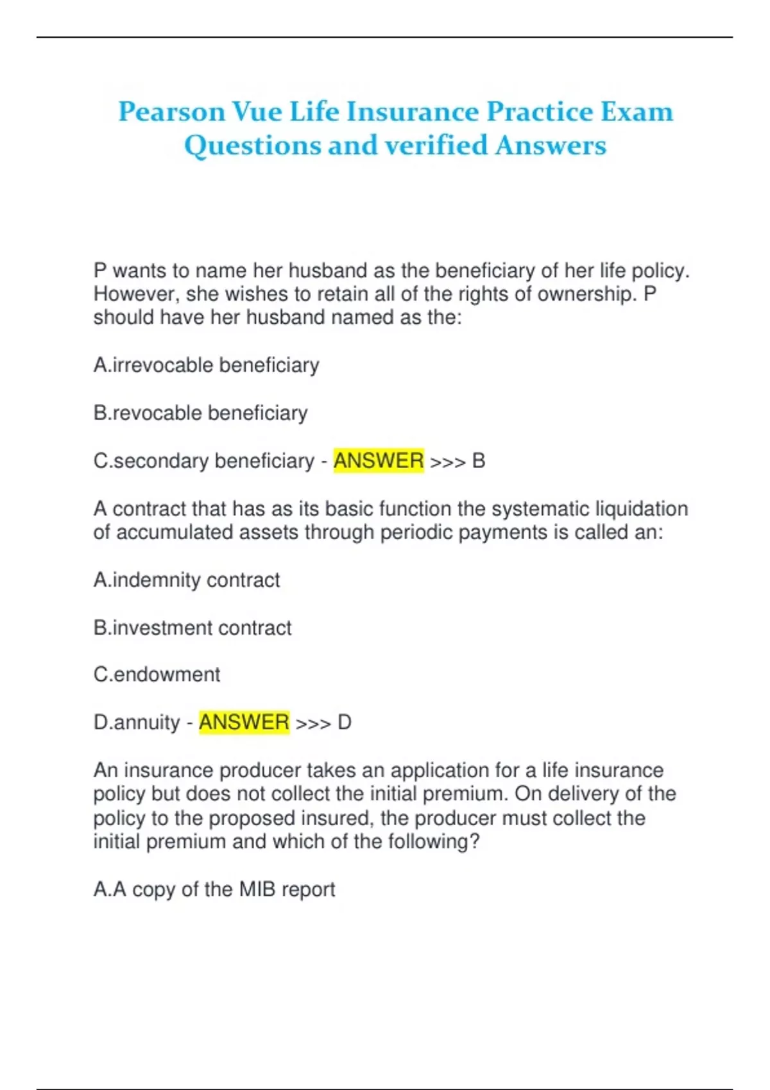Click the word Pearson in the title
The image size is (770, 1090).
point(172,112)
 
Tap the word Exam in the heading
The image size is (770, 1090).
point(637,112)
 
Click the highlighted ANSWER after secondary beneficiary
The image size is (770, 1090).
point(379,461)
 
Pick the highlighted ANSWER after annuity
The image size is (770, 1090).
point(244,723)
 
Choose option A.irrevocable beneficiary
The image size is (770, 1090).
point(206,365)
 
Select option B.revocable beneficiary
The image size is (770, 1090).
point(200,413)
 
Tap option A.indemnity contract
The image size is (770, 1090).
point(187,580)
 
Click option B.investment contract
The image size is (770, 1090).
point(193,628)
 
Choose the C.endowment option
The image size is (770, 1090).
point(157,675)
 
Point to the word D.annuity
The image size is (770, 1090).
point(137,723)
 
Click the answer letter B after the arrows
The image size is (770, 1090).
point(479,461)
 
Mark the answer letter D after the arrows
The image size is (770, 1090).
point(345,723)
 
